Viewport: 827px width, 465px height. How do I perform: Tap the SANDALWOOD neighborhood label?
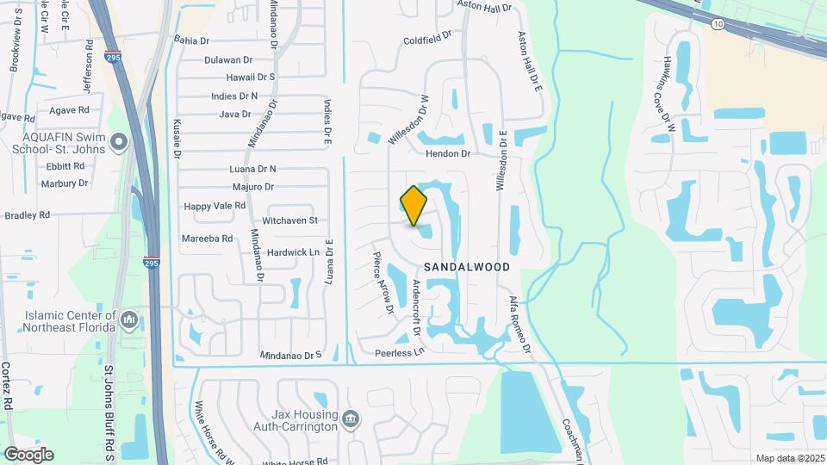[466, 267]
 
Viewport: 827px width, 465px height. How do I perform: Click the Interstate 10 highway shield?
[718, 24]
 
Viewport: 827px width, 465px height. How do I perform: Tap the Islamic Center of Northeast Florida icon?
[129, 320]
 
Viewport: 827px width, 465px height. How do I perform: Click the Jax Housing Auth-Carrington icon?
[351, 420]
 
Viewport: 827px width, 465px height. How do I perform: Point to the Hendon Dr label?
[448, 153]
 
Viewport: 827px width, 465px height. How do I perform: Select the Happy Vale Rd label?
[215, 206]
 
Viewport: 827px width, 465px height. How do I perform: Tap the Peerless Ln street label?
[400, 352]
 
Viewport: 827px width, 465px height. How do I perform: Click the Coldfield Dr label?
[427, 39]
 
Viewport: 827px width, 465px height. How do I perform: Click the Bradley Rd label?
[27, 214]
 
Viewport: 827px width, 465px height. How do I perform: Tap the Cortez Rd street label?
[6, 385]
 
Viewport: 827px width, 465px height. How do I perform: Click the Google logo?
[28, 454]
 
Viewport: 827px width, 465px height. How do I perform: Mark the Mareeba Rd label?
[207, 238]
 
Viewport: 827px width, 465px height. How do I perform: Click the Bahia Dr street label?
[191, 40]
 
